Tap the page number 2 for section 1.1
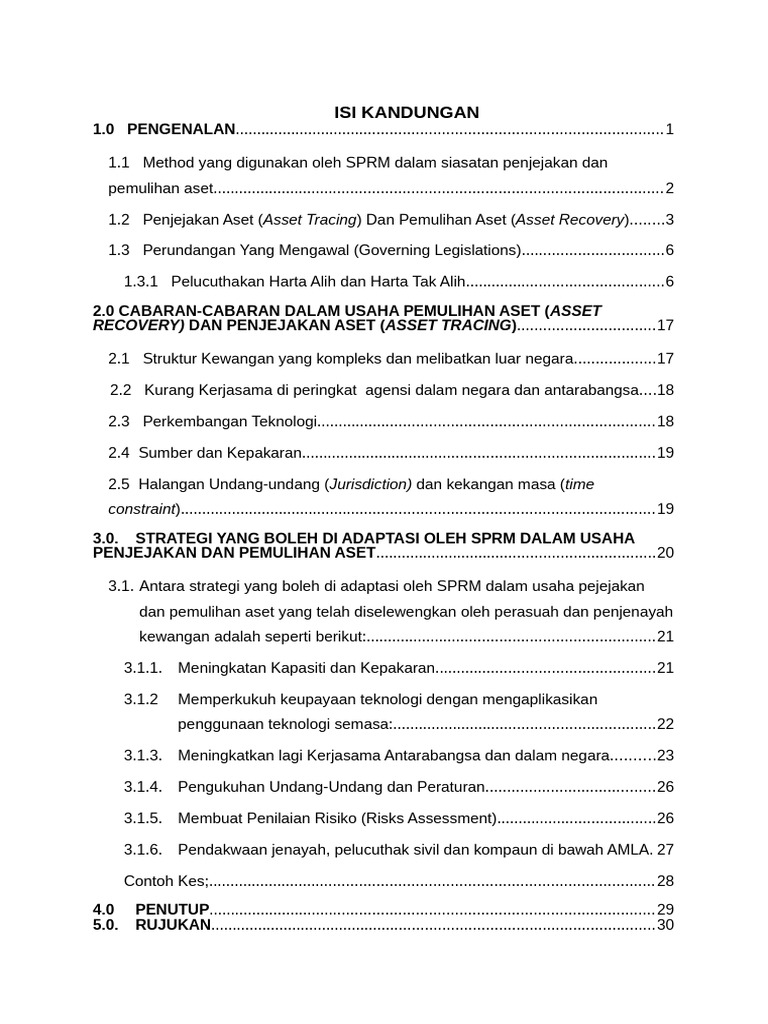(669, 189)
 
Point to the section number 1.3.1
(141, 282)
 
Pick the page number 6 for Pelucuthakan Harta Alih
(669, 282)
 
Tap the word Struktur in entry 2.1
(171, 358)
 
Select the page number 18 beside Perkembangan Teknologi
(665, 421)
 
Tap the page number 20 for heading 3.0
(665, 553)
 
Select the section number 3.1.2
(142, 698)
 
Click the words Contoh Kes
(164, 881)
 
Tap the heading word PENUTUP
(172, 909)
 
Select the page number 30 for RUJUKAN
(665, 925)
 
